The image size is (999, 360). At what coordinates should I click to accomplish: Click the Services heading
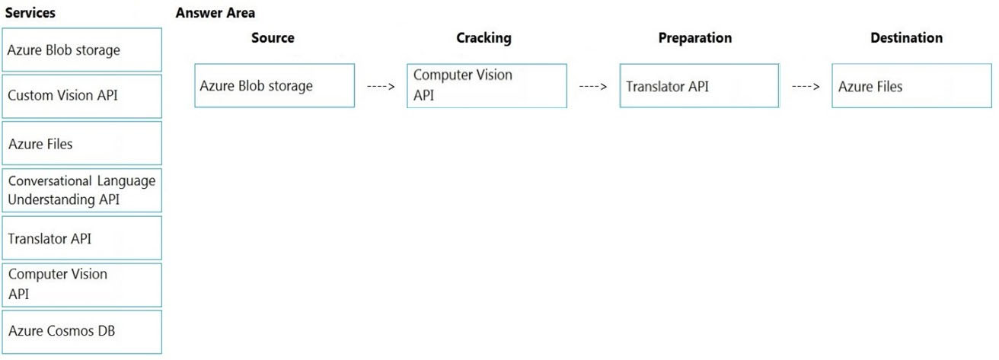(30, 12)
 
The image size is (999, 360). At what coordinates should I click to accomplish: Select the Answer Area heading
(215, 12)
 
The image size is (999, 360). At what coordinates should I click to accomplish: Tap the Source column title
(273, 37)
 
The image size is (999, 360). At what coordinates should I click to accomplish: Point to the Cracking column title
(484, 38)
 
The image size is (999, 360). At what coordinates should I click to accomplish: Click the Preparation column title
(695, 38)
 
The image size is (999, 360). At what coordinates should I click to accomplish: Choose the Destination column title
(907, 37)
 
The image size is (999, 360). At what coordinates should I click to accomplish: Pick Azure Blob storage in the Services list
(82, 49)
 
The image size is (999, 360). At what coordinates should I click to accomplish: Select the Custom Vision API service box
(82, 96)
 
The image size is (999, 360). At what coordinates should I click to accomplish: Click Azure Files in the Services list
(82, 143)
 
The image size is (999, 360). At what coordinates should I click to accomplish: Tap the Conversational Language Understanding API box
(82, 190)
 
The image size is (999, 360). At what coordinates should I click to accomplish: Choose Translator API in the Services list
(82, 238)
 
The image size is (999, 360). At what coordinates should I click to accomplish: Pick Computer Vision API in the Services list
(82, 285)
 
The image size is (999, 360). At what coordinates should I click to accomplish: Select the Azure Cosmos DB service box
(82, 332)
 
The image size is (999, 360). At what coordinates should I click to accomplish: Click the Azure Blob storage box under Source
(275, 85)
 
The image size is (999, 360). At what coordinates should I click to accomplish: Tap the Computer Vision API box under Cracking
(487, 85)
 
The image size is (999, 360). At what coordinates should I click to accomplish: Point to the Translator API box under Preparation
(699, 85)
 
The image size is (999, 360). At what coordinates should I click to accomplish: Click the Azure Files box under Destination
(912, 85)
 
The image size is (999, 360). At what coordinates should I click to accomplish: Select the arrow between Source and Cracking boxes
(381, 87)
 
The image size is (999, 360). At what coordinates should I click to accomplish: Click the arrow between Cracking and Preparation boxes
(593, 87)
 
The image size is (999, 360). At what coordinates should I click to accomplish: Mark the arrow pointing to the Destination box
(806, 87)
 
